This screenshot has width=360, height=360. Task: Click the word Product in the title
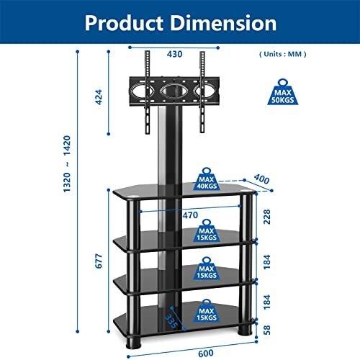tap(124, 24)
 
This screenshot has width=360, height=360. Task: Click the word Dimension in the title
tap(223, 23)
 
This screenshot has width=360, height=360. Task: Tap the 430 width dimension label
tap(174, 54)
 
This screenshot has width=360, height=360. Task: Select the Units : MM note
tap(283, 54)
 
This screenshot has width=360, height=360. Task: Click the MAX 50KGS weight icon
tap(283, 92)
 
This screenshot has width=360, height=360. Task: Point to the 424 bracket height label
tap(99, 97)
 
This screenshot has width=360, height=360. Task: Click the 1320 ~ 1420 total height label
tap(67, 164)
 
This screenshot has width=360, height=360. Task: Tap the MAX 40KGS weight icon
tap(207, 179)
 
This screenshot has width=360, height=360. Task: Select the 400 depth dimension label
tap(261, 179)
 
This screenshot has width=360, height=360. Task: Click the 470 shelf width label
tap(190, 215)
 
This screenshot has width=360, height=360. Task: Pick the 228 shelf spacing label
tap(267, 217)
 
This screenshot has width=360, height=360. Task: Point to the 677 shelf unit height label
tap(99, 261)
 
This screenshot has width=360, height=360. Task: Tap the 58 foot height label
tap(267, 330)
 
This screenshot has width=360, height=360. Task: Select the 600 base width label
tap(206, 353)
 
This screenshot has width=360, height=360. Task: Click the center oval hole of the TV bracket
tap(174, 91)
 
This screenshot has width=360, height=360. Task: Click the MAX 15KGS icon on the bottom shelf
tap(207, 311)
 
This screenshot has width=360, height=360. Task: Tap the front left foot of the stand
tap(133, 343)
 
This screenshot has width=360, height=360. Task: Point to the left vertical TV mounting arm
tap(147, 92)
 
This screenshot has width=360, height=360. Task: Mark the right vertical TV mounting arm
tap(202, 92)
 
